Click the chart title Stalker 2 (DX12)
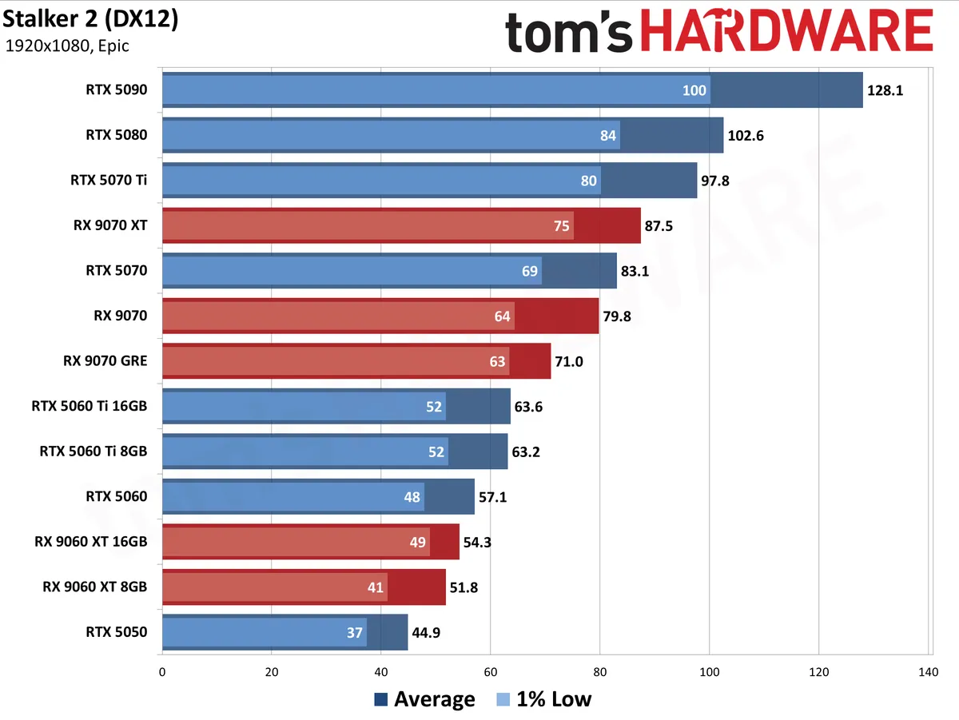click(90, 20)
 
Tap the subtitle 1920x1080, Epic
click(67, 46)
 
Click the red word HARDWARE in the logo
click(786, 31)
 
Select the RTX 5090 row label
click(117, 90)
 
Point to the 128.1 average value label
click(885, 90)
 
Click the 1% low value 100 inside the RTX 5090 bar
click(694, 90)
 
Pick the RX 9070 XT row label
click(110, 225)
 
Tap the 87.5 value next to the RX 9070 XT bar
click(659, 226)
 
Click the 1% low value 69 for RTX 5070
click(530, 272)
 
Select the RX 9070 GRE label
click(105, 361)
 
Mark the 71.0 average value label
click(569, 362)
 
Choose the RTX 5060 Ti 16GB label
click(90, 406)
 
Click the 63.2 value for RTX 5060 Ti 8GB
click(526, 451)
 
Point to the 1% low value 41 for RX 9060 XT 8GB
click(376, 587)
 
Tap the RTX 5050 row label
click(117, 632)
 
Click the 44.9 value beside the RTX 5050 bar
click(426, 633)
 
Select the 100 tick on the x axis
click(710, 672)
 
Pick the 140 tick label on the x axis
click(928, 672)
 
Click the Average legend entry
click(424, 699)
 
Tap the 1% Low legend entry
click(544, 699)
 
